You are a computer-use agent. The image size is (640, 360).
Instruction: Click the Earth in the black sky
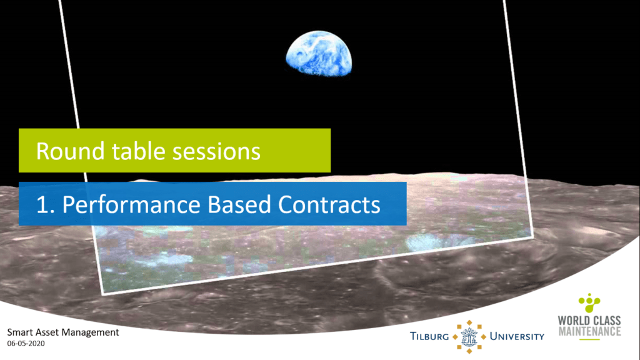pos(319,54)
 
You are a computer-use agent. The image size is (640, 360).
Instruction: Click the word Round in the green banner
pos(70,151)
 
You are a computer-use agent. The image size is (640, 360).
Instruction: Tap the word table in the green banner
pos(138,151)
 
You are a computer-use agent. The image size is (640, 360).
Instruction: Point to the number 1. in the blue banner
pos(45,204)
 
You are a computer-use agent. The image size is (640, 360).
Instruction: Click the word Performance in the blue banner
pos(131,204)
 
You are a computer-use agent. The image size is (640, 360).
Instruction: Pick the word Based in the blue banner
pos(239,204)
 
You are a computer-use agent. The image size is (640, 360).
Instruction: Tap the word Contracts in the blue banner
pos(329,204)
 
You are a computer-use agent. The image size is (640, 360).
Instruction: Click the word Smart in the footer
pos(19,332)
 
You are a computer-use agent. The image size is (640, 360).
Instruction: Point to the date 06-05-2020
pos(26,344)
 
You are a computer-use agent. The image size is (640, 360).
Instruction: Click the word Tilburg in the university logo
pos(429,337)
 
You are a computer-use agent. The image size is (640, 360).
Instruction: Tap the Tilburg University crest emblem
pos(469,337)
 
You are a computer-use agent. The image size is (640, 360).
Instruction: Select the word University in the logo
pos(517,337)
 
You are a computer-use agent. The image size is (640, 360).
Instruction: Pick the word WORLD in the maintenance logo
pos(574,321)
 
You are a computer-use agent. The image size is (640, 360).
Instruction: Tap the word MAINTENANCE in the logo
pos(589,331)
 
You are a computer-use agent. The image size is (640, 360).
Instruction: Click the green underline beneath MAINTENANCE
pos(589,339)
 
